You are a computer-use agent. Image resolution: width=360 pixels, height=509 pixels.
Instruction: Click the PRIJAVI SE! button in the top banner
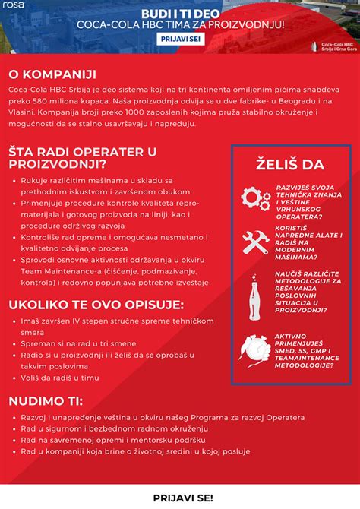click(181, 38)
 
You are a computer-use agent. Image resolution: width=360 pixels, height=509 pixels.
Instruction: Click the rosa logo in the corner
click(13, 5)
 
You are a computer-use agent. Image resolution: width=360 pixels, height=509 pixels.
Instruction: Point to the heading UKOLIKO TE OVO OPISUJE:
click(96, 305)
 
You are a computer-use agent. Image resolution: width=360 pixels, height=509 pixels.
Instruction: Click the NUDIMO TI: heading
click(46, 400)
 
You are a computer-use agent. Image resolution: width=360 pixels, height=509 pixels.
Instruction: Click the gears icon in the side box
click(255, 198)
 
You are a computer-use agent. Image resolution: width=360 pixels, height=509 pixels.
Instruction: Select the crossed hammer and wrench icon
click(255, 242)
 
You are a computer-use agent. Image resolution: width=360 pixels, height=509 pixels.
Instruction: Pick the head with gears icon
click(255, 349)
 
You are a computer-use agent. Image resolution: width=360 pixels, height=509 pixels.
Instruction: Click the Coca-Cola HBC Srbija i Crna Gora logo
click(333, 43)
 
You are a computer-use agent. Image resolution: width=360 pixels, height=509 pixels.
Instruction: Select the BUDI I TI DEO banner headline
click(181, 13)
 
